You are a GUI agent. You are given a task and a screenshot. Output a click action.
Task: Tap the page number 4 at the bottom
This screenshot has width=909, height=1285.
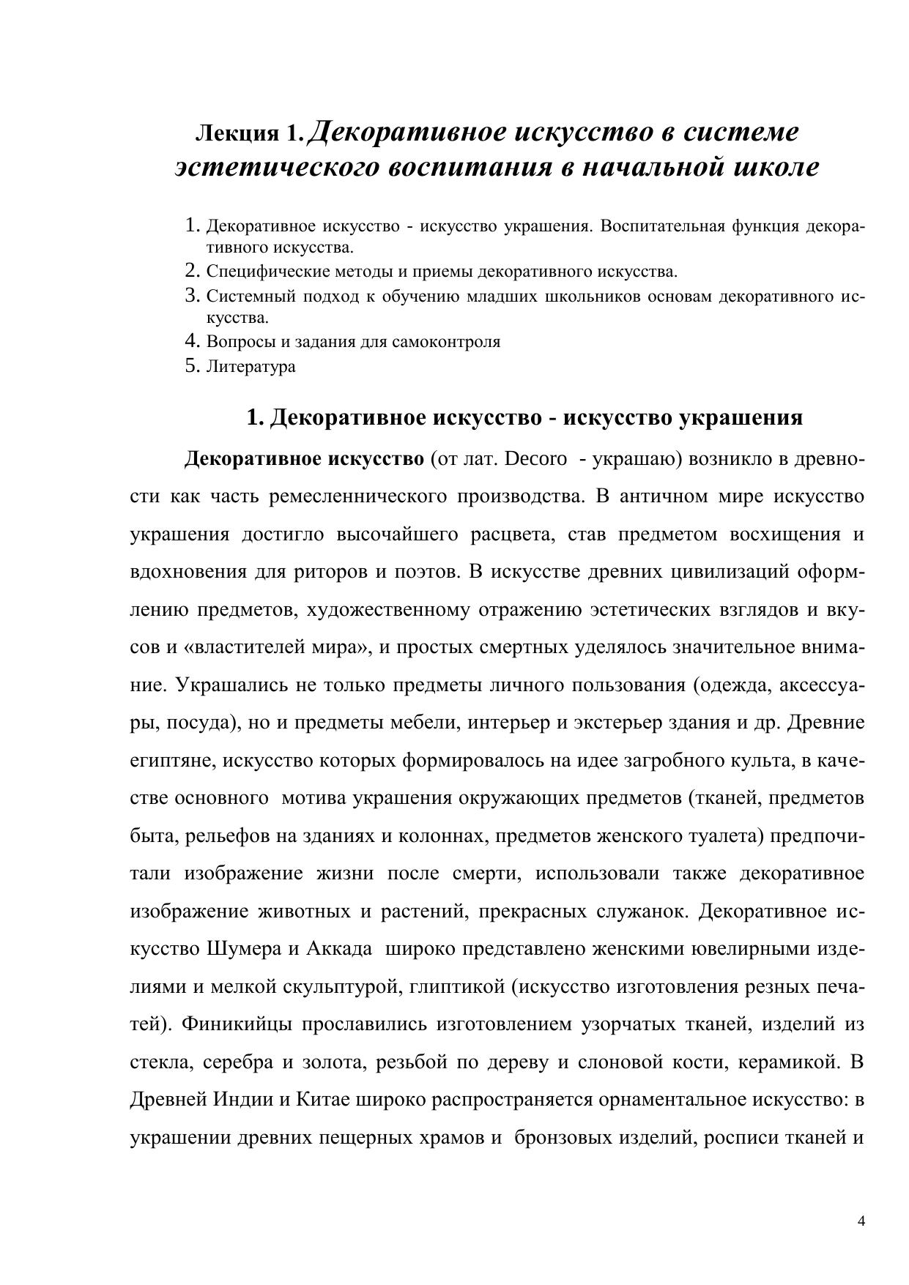(861, 1221)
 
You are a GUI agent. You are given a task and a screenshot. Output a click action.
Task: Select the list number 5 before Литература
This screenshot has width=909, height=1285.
(193, 365)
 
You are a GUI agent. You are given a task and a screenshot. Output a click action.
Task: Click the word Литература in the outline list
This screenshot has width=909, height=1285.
(251, 366)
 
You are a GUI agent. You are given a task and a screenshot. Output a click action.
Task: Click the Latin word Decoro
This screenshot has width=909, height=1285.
(536, 459)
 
